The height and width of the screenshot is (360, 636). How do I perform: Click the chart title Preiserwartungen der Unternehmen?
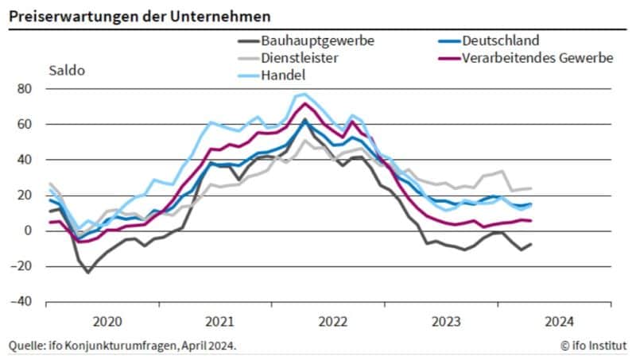pos(139,15)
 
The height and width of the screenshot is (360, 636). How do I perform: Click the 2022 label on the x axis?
pos(333,322)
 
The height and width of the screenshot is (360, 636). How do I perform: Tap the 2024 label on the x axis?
pos(560,322)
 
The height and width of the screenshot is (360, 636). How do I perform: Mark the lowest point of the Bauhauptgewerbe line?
pos(87,273)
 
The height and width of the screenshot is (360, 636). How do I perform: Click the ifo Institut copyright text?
pos(593,345)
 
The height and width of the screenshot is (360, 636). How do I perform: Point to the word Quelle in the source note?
pos(25,345)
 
